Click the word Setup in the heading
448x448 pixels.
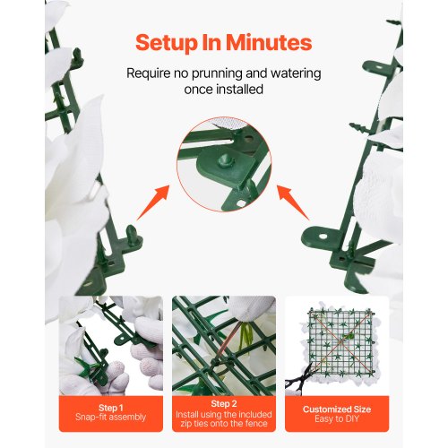pyautogui.click(x=167, y=43)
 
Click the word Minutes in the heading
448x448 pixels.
pyautogui.click(x=269, y=42)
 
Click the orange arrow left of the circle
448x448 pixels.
pyautogui.click(x=153, y=202)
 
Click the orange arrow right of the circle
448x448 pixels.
pyautogui.click(x=293, y=202)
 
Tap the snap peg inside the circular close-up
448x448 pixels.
pyautogui.click(x=224, y=160)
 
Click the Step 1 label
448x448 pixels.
pyautogui.click(x=110, y=408)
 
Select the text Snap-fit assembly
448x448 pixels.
pyautogui.click(x=110, y=417)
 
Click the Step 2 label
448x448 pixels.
pyautogui.click(x=224, y=404)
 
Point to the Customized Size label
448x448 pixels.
pyautogui.click(x=337, y=409)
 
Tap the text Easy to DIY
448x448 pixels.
pyautogui.click(x=337, y=418)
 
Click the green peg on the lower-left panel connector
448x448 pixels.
pyautogui.click(x=132, y=234)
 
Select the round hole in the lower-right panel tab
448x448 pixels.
pyautogui.click(x=323, y=237)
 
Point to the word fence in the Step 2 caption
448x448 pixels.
pyautogui.click(x=256, y=423)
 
